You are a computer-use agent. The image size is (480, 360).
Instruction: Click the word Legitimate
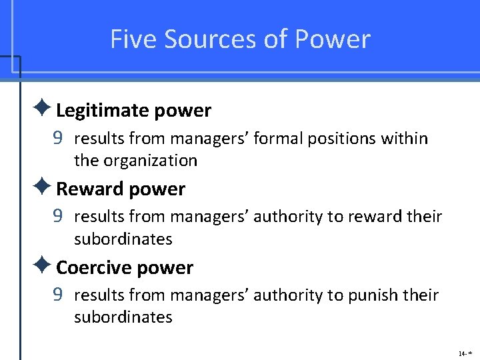pyautogui.click(x=97, y=111)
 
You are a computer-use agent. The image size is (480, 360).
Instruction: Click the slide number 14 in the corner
pyautogui.click(x=462, y=353)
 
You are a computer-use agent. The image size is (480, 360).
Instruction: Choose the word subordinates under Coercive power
pyautogui.click(x=123, y=317)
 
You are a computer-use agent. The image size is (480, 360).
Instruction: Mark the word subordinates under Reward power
pyautogui.click(x=123, y=239)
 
